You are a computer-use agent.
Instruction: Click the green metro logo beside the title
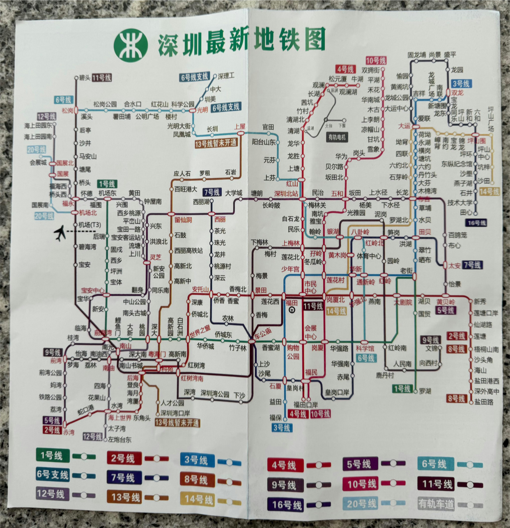(130, 45)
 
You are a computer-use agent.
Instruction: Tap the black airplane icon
(60, 233)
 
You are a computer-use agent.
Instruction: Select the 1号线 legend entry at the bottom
(52, 455)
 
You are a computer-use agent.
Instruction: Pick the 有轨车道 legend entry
(436, 503)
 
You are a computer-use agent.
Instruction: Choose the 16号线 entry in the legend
(287, 505)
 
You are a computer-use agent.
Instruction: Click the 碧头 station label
(85, 78)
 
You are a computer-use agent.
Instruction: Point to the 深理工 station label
(226, 76)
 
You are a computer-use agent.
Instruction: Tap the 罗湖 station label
(425, 391)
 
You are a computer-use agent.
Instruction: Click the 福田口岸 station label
(306, 404)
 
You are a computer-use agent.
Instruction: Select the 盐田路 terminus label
(484, 402)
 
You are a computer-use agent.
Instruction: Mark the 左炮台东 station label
(119, 439)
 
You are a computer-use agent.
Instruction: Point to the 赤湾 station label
(69, 432)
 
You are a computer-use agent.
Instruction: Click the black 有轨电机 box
(337, 137)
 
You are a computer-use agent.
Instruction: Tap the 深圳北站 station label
(286, 193)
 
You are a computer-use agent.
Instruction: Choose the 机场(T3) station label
(90, 225)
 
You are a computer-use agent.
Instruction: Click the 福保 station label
(276, 417)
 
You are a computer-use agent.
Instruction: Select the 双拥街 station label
(370, 71)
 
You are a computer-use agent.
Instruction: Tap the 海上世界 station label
(120, 418)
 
